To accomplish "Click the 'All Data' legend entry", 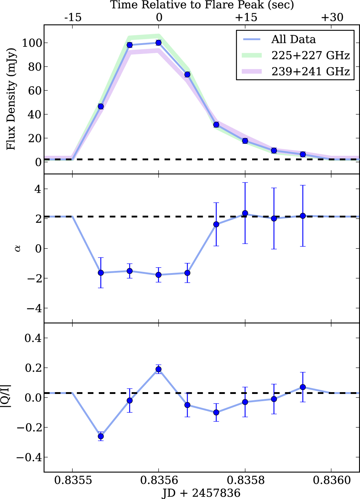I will [293, 39].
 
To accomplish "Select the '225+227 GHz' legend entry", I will [310, 55].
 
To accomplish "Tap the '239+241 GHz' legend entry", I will [310, 71].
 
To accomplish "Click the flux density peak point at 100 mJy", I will [158, 43].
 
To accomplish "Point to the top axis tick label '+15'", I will [246, 17].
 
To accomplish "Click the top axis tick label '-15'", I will [73, 17].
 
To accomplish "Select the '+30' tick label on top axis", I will [332, 17].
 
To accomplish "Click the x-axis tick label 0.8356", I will [159, 480].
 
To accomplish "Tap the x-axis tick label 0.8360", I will [331, 480].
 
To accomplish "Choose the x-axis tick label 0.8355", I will [73, 480].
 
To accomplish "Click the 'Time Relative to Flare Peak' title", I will [202, 5].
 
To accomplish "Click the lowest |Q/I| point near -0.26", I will [101, 436].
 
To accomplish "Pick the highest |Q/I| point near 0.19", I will [158, 369].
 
